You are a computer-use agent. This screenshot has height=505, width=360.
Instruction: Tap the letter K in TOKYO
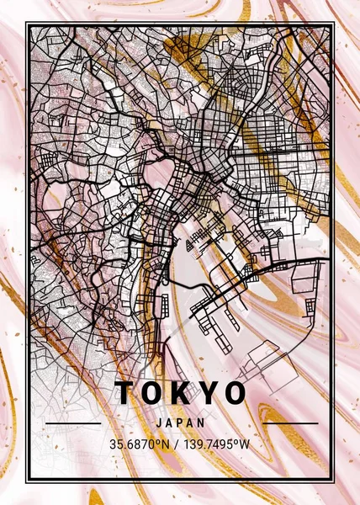180,393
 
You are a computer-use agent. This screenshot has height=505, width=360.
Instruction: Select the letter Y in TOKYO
207,393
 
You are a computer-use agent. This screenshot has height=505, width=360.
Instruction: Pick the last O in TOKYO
235,393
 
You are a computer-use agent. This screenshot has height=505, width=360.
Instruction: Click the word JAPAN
181,423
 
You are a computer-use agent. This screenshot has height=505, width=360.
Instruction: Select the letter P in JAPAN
181,423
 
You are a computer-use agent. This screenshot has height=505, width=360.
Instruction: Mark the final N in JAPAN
203,423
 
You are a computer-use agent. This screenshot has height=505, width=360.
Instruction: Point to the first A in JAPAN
170,423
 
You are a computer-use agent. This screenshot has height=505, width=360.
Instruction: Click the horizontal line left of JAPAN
72,423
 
